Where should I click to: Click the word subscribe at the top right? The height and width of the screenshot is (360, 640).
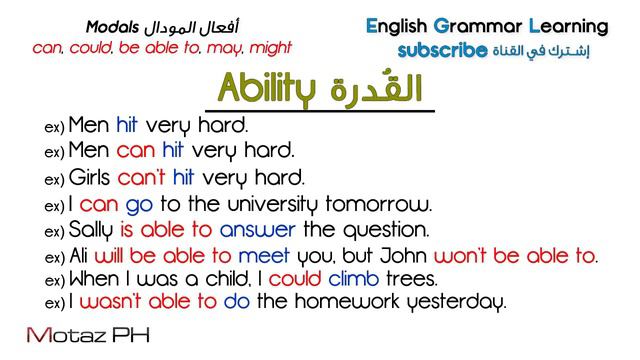click(442, 49)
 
